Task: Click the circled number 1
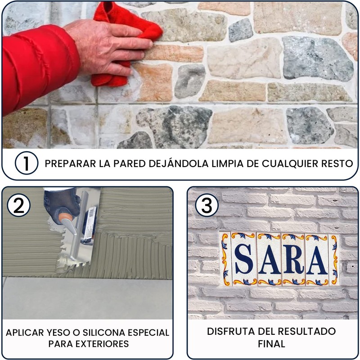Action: point(27,163)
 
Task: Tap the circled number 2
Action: point(18,205)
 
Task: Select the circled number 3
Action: point(207,205)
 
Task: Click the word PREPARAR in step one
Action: point(70,164)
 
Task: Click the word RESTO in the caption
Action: point(337,164)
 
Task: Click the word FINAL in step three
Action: point(271,344)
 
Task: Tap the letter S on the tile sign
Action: point(243,259)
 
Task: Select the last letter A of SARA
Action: point(317,260)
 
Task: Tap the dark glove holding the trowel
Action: point(61,204)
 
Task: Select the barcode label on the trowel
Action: point(90,223)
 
